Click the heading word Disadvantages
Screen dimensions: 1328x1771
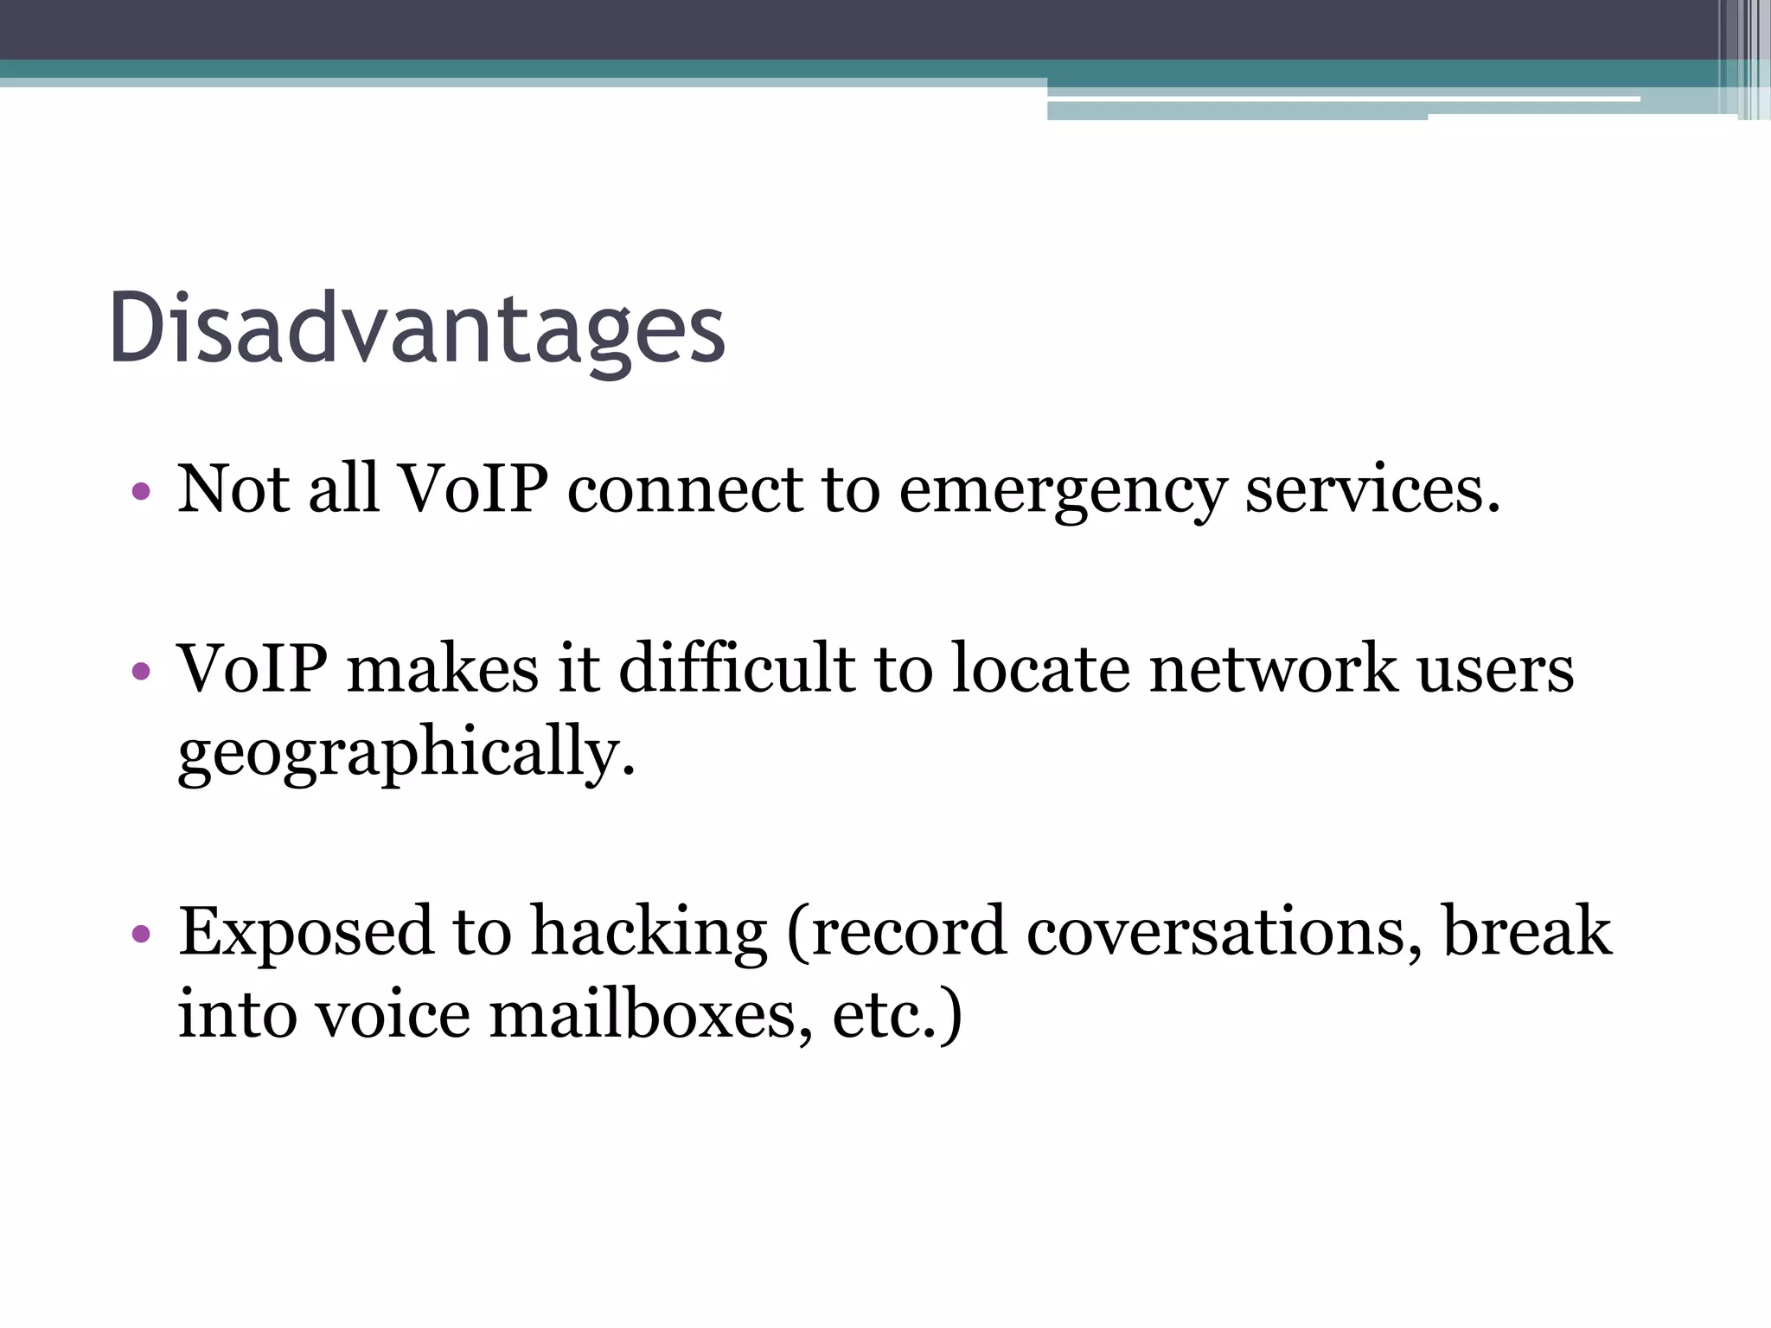417,329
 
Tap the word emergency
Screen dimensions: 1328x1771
1062,491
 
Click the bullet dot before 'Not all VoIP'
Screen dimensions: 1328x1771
141,493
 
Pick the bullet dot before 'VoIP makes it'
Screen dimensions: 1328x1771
141,671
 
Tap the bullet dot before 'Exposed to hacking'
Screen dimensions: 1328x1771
141,934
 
